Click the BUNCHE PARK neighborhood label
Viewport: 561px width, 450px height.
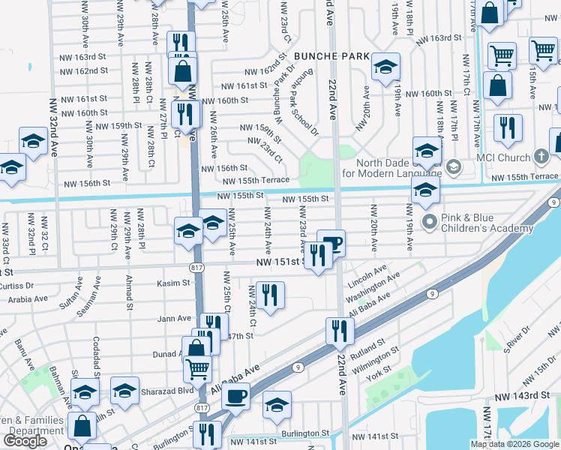click(331, 55)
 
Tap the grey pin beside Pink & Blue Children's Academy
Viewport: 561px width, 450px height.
click(430, 221)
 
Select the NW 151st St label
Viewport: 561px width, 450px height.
click(280, 262)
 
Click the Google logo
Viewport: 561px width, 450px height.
click(25, 441)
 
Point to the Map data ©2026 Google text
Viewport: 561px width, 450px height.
click(515, 444)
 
